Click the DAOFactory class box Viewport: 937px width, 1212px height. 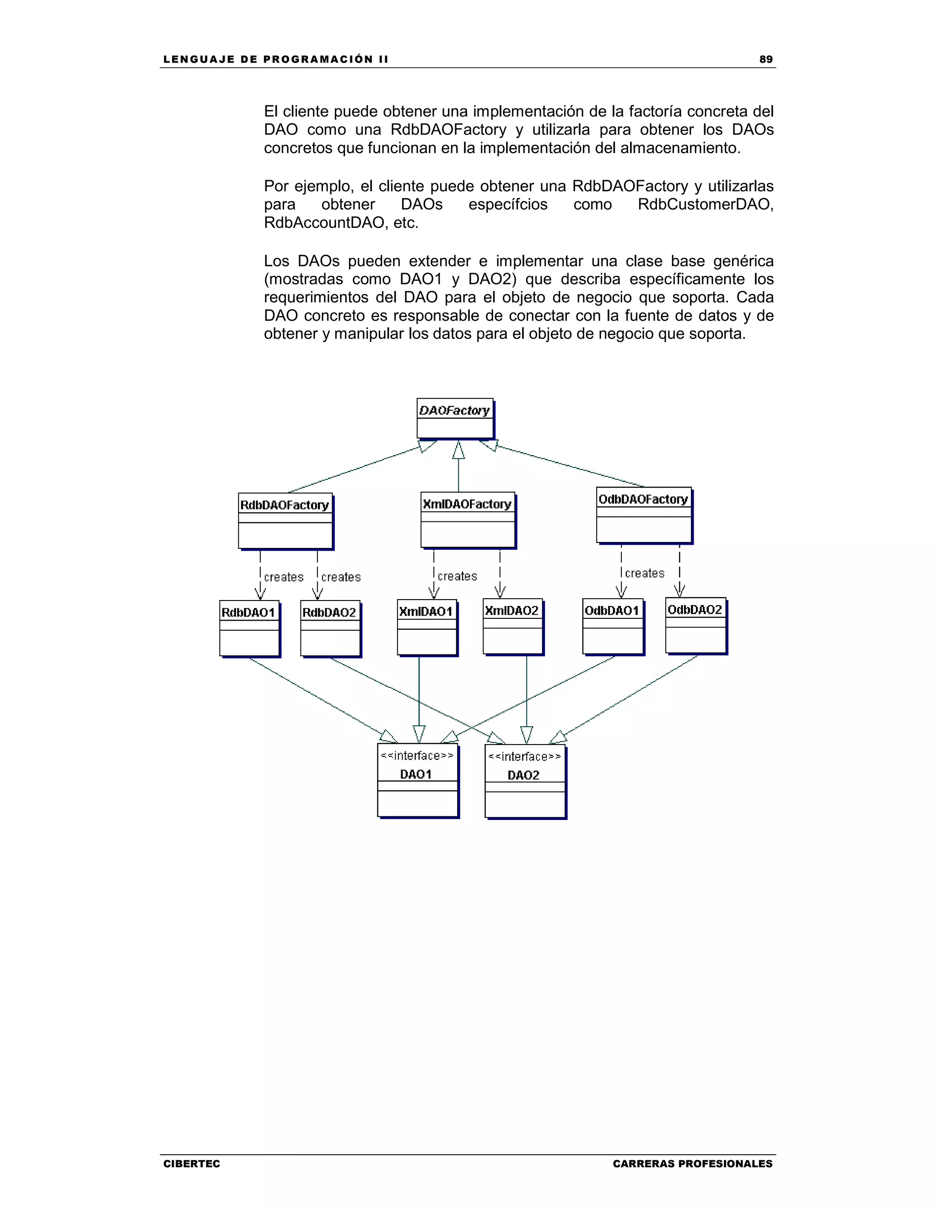pyautogui.click(x=455, y=418)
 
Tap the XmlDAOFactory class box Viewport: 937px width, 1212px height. pyautogui.click(x=468, y=520)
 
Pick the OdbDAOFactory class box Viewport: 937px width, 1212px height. pyautogui.click(x=644, y=515)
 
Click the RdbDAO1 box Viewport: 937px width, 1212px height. pyautogui.click(x=249, y=628)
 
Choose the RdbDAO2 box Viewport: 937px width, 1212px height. pyautogui.click(x=330, y=628)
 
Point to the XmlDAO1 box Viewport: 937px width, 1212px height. pyautogui.click(x=427, y=627)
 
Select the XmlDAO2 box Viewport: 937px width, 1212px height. pyautogui.click(x=512, y=627)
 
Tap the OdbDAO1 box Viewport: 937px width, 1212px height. pyautogui.click(x=613, y=626)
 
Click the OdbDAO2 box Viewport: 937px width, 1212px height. pyautogui.click(x=695, y=625)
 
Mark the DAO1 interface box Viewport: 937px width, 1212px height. pyautogui.click(x=417, y=780)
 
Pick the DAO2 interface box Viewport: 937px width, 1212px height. pyautogui.click(x=525, y=781)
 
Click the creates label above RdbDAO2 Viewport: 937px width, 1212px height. pyautogui.click(x=341, y=577)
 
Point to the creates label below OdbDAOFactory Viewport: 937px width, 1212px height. pyautogui.click(x=645, y=573)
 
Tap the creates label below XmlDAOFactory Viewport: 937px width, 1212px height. pyautogui.click(x=458, y=576)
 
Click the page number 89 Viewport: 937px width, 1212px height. pyautogui.click(x=765, y=59)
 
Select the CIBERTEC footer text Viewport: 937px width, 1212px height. pyautogui.click(x=192, y=1164)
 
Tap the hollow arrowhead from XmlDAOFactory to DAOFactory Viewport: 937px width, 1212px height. pyautogui.click(x=458, y=450)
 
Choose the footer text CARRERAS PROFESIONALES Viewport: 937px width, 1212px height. pyautogui.click(x=692, y=1164)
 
